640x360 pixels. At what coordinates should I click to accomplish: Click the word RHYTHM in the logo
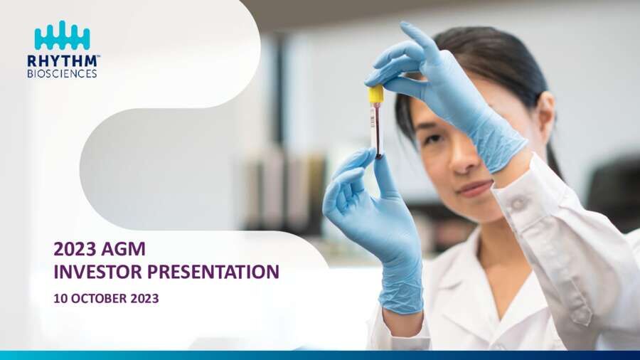(x=62, y=61)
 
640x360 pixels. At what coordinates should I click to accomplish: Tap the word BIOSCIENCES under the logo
(x=62, y=73)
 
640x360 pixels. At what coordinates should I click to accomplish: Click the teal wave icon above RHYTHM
(x=62, y=35)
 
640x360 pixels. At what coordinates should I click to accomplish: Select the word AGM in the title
(x=123, y=249)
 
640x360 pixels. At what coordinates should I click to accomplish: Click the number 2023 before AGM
(x=75, y=249)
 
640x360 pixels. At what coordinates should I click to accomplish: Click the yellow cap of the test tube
(x=376, y=95)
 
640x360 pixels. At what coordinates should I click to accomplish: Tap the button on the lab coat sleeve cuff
(x=518, y=203)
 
